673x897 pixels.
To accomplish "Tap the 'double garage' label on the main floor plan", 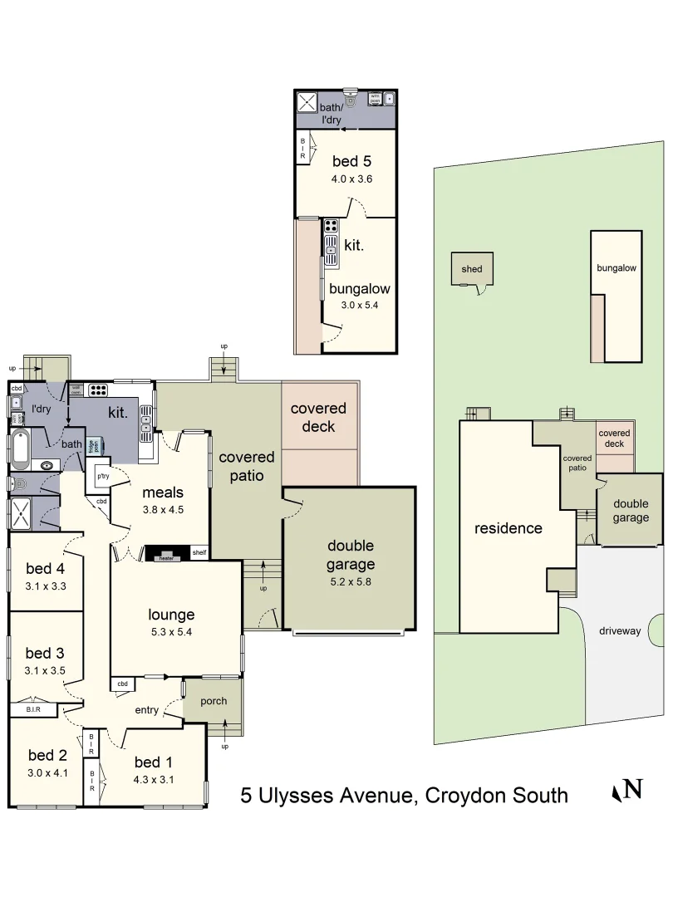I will click(350, 555).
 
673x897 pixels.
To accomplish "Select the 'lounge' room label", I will click(171, 615).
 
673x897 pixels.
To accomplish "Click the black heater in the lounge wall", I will click(166, 554).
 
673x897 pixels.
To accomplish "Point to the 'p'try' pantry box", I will click(103, 477).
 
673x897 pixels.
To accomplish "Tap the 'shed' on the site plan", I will click(472, 269).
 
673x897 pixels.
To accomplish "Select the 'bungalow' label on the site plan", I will click(616, 268).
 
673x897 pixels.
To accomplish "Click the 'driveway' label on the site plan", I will click(620, 631).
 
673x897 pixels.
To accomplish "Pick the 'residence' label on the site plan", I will click(508, 528).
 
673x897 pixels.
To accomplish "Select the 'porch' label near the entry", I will click(214, 701).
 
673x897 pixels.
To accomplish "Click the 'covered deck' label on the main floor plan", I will click(318, 417).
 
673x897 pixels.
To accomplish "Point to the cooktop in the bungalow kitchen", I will click(331, 227).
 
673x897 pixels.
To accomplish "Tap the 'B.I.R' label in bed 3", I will click(33, 710).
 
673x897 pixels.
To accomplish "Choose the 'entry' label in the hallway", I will click(146, 710).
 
